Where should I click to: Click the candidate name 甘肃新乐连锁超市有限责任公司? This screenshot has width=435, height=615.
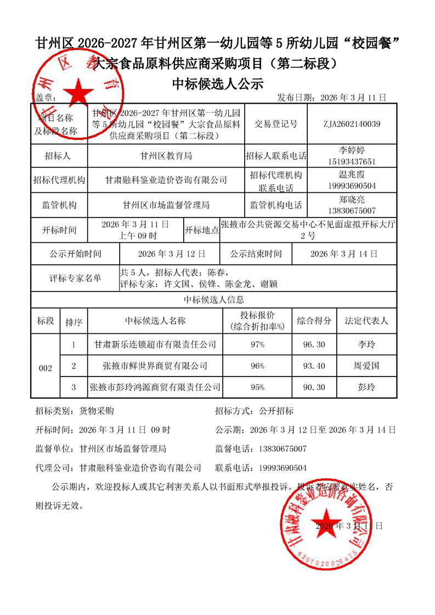[x=155, y=345]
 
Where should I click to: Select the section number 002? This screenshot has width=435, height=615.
[x=46, y=368]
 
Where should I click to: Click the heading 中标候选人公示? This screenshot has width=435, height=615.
[x=218, y=84]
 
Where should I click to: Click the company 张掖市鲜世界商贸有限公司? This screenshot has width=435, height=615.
[x=155, y=366]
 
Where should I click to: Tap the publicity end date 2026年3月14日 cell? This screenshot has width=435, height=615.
[x=344, y=254]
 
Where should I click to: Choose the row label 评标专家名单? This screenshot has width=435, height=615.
[x=75, y=278]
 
